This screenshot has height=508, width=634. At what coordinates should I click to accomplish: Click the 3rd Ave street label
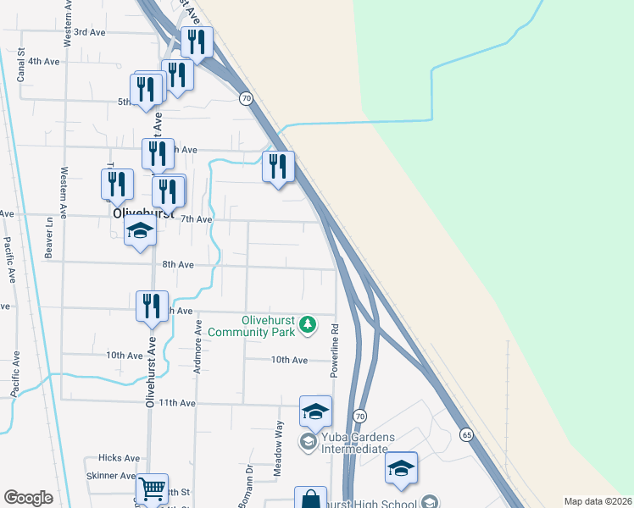point(89,32)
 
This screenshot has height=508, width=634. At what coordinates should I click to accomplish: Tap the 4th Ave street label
point(44,62)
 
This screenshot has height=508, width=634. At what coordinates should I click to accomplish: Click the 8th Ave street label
point(179,265)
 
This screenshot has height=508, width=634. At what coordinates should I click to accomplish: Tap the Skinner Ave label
point(111,477)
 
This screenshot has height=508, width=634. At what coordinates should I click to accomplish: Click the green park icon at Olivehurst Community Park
point(309,323)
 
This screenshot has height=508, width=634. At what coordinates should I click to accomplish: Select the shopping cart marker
point(152,489)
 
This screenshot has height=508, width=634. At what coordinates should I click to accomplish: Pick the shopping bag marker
point(310,500)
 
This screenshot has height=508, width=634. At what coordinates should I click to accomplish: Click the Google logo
point(28,498)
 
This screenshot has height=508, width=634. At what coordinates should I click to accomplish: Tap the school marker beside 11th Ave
point(315,411)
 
